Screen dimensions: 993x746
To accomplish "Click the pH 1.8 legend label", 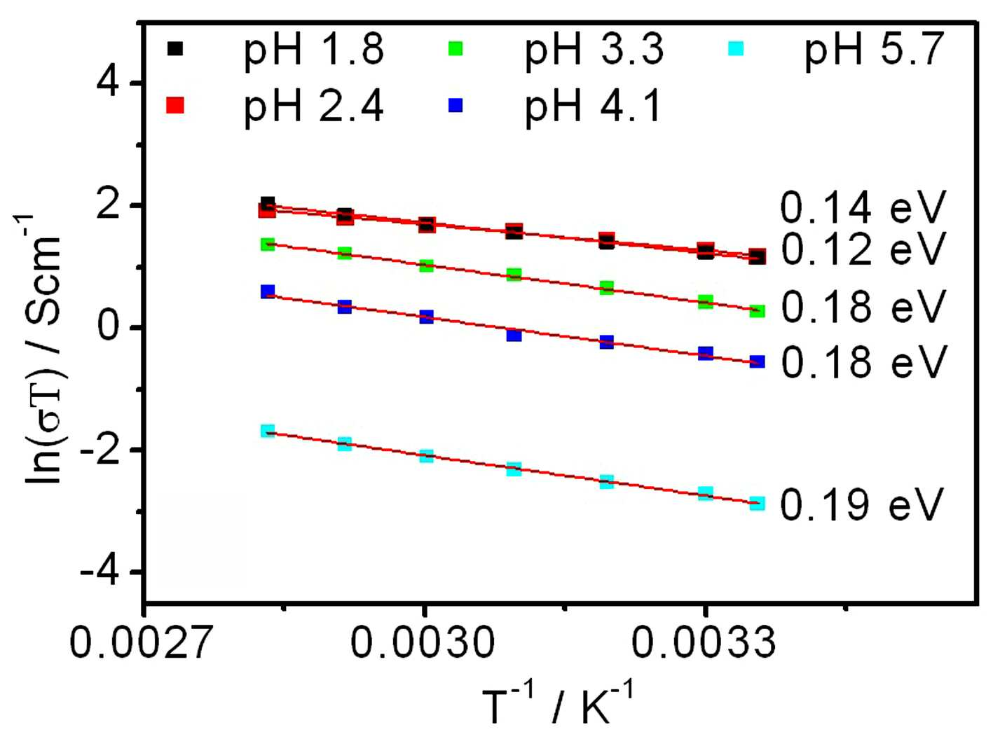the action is [x=313, y=50].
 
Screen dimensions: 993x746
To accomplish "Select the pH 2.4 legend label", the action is [x=313, y=107].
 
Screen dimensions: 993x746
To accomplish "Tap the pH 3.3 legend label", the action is [x=594, y=50].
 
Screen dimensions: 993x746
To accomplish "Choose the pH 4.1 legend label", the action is [x=593, y=107].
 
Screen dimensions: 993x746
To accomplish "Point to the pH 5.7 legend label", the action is [x=874, y=50].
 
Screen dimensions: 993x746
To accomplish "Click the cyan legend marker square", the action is [x=736, y=48].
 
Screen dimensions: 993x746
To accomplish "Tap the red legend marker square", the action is [x=174, y=105].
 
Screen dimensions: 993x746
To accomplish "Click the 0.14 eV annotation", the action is [x=863, y=207].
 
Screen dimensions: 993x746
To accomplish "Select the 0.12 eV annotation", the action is [x=863, y=248].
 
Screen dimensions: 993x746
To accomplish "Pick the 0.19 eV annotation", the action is [x=862, y=504].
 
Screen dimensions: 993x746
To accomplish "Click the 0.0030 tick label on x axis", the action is [x=423, y=642].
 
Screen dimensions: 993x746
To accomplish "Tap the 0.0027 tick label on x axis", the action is [x=141, y=642].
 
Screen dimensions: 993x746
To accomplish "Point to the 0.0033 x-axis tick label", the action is [x=704, y=642].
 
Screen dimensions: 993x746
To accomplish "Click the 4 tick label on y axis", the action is [x=109, y=83].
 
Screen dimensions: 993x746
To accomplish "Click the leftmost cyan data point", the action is [x=268, y=430].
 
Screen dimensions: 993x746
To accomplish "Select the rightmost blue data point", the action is [x=757, y=361].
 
